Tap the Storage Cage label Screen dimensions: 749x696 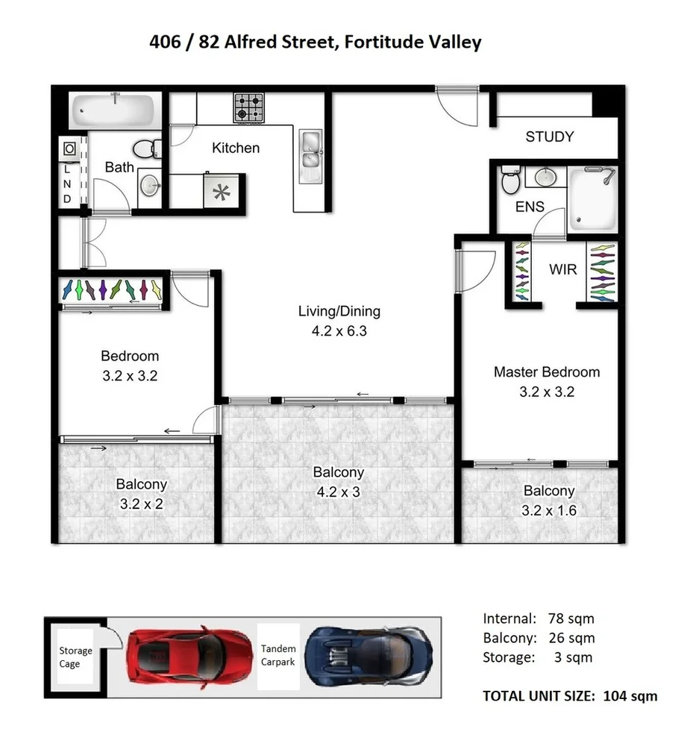coord(76,657)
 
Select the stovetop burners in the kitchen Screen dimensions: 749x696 coord(249,107)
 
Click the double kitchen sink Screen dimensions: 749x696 coord(310,150)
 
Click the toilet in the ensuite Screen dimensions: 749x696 coord(510,180)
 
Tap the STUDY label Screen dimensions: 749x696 coord(550,137)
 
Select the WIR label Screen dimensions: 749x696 coord(563,269)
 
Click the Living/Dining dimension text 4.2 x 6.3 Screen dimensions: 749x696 coord(339,330)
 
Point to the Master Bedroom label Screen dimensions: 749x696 coord(547,372)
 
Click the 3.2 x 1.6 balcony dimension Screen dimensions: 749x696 coord(549,510)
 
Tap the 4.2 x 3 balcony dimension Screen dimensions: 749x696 coord(339,492)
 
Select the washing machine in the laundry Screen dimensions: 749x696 coord(69,148)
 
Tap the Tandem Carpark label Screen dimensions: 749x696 coord(278,656)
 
